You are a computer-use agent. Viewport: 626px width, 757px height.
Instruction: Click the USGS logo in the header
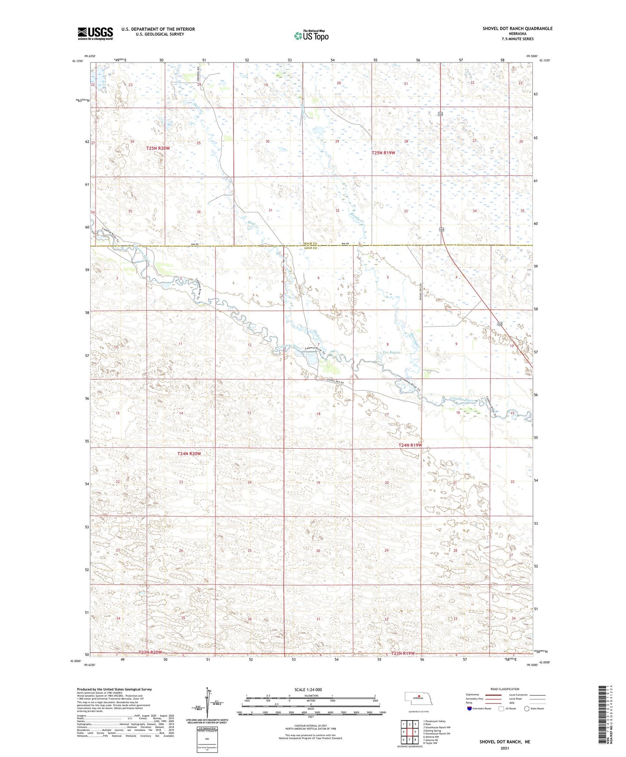[95, 33]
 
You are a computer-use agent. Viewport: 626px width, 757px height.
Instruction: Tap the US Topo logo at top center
[311, 36]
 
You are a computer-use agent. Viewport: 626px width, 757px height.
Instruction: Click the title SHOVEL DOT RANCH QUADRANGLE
[517, 29]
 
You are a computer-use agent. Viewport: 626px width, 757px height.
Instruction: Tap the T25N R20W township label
[158, 148]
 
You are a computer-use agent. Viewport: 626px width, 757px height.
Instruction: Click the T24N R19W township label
[410, 445]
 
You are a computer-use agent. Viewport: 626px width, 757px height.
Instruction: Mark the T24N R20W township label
[189, 454]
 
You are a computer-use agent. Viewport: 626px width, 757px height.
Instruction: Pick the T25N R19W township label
[383, 153]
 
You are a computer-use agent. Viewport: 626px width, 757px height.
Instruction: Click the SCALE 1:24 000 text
[308, 689]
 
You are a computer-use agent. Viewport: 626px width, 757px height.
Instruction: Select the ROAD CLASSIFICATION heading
[505, 689]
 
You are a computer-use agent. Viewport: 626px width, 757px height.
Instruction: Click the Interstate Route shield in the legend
[470, 708]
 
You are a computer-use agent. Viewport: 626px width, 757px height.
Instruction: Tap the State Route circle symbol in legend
[527, 708]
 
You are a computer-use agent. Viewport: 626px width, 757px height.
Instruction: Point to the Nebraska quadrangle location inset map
[418, 700]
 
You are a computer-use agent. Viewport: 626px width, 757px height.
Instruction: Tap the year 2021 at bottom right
[504, 748]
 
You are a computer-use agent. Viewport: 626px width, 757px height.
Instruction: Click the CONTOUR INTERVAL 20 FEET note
[308, 725]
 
